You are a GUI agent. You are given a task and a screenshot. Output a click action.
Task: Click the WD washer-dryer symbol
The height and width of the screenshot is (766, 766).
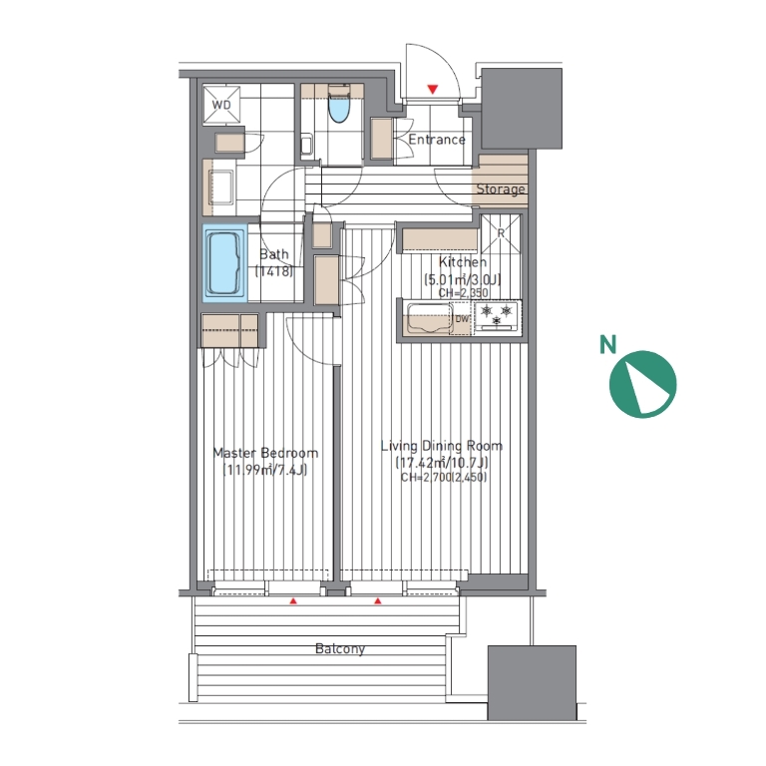[221, 105]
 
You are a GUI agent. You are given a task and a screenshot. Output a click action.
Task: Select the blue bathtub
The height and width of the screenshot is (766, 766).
[225, 263]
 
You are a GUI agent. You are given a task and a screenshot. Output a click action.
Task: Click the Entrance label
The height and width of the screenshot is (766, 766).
[436, 140]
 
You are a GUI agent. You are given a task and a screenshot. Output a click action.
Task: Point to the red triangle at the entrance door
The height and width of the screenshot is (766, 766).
[432, 90]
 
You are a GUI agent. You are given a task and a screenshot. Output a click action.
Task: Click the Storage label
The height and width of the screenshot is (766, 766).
[501, 190]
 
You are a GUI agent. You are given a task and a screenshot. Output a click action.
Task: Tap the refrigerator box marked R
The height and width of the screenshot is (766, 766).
[501, 234]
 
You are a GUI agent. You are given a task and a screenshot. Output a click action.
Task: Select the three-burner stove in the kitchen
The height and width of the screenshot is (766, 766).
[497, 315]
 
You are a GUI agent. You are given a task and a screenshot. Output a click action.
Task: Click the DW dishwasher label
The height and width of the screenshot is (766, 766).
[462, 319]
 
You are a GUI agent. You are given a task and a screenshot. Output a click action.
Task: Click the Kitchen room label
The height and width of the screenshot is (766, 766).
[462, 262]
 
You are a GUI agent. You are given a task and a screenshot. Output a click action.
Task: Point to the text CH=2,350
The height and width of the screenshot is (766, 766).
[463, 293]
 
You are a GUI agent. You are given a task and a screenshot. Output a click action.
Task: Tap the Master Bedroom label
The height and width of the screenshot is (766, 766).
[265, 453]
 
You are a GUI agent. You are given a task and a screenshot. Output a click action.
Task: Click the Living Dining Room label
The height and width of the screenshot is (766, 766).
[442, 446]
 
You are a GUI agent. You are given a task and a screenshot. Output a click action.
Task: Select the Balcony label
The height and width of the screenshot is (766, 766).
[340, 648]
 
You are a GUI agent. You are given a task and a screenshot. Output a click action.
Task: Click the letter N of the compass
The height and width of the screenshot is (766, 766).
[607, 344]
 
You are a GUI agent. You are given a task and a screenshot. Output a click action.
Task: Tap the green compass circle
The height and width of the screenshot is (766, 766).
[643, 384]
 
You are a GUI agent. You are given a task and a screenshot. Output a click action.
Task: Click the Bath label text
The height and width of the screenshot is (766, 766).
[273, 254]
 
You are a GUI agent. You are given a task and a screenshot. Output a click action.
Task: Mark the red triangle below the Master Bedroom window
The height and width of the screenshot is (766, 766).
[293, 601]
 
